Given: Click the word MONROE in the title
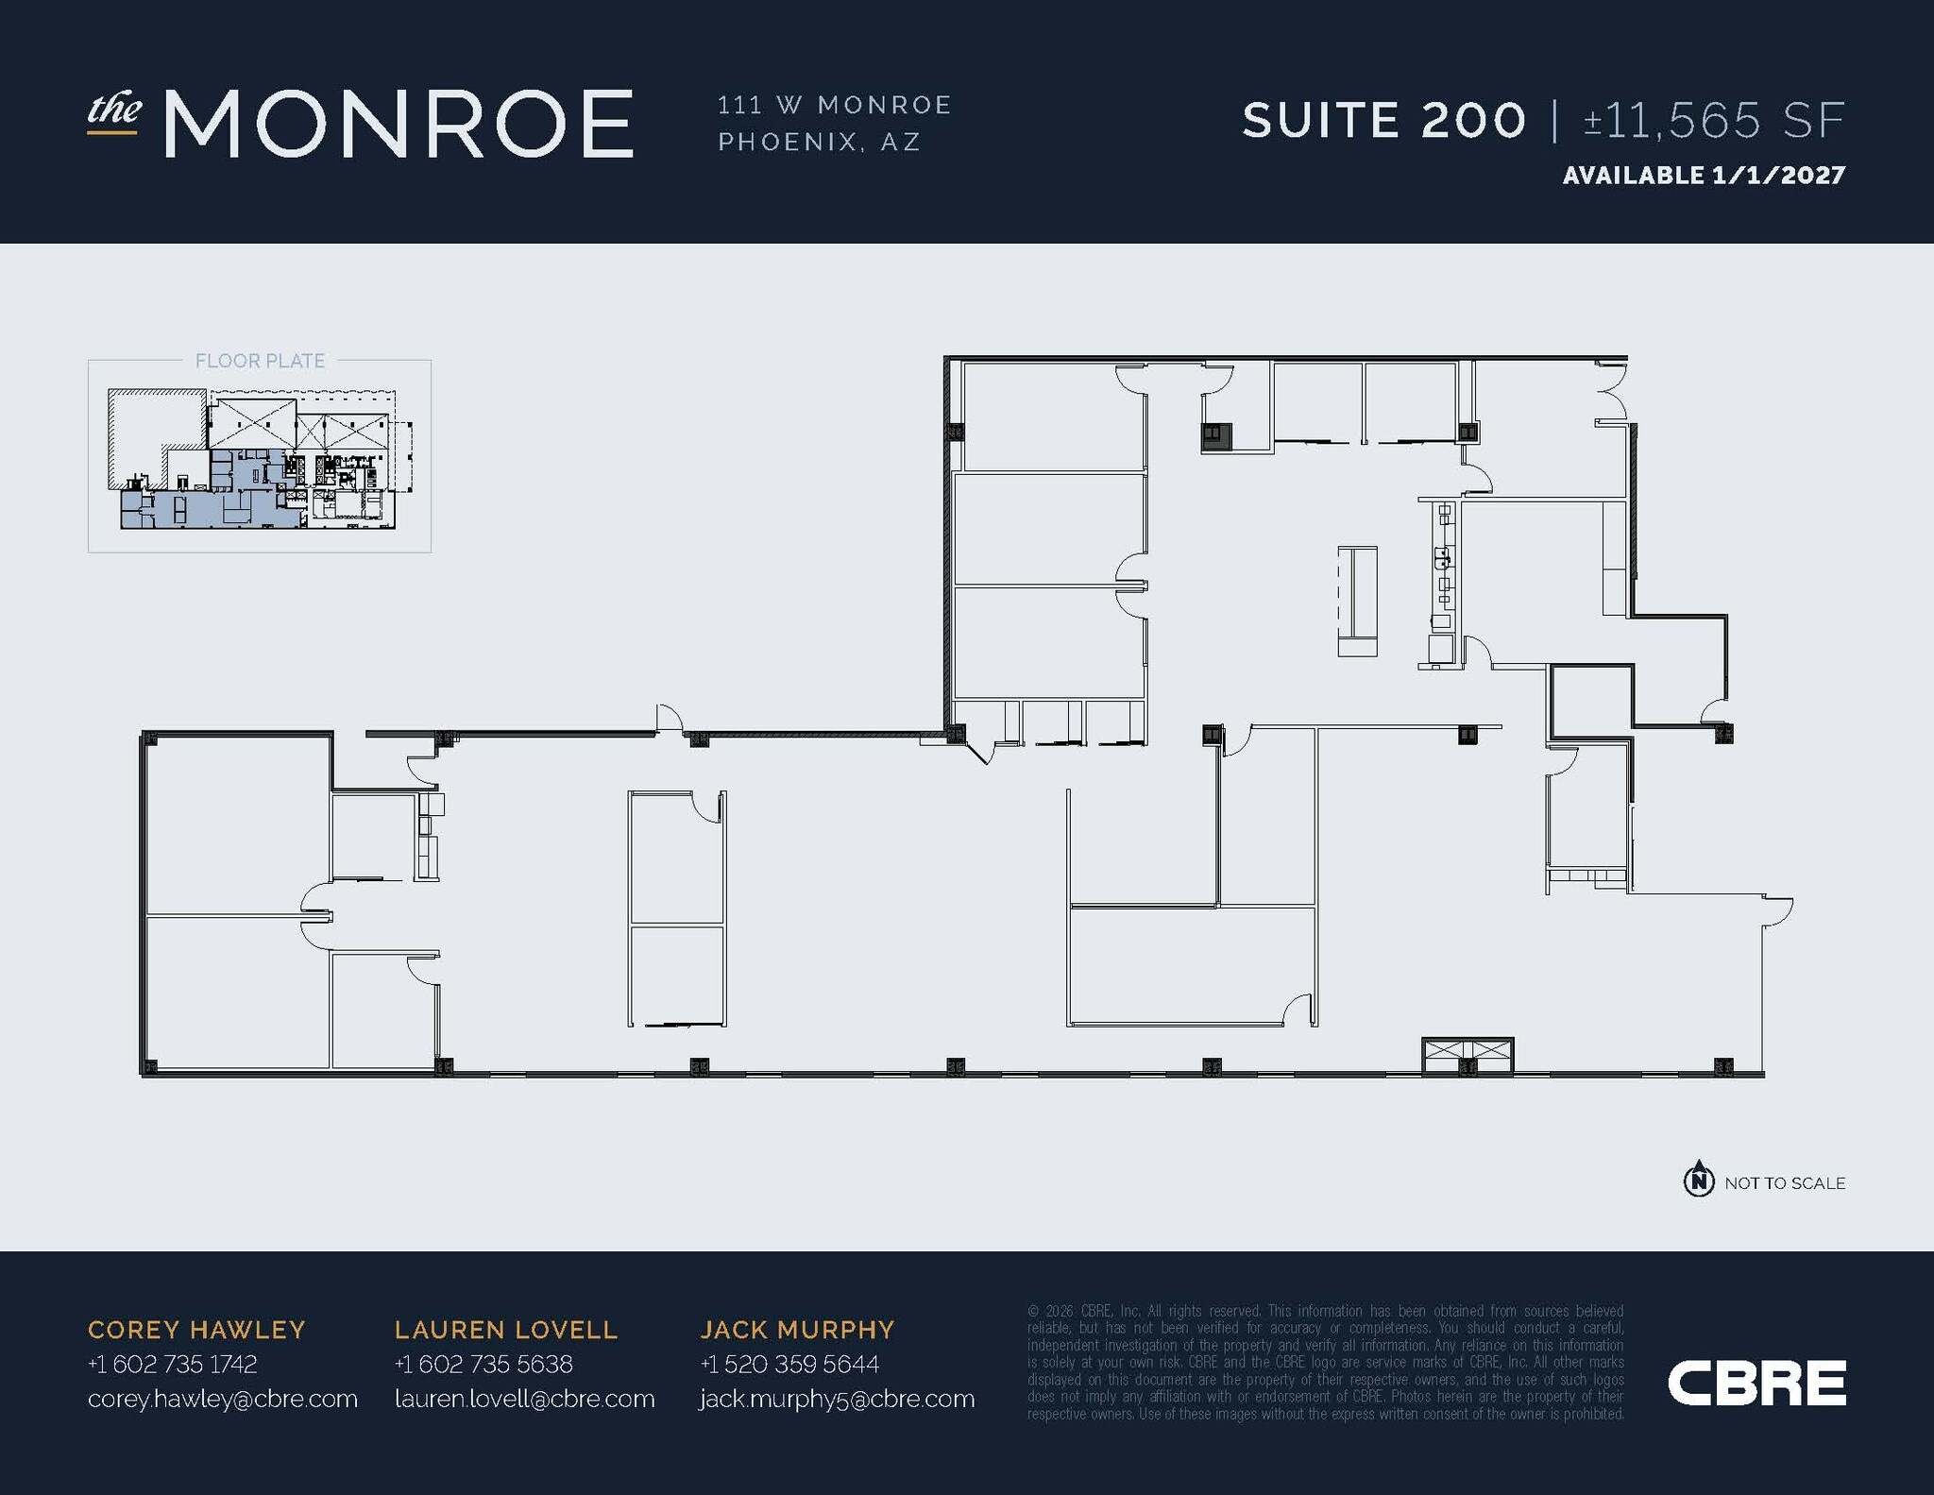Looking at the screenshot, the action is [398, 124].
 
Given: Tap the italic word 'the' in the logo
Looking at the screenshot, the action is [114, 110].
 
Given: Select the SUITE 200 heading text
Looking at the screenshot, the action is [1383, 121].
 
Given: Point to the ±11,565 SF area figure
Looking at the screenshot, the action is [1714, 121].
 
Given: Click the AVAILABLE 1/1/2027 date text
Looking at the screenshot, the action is [1704, 176].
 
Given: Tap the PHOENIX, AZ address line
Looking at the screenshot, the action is [819, 142].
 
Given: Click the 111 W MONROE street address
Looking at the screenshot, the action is [835, 105].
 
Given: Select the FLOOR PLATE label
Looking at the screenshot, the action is [260, 361].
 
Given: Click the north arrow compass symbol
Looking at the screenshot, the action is [1699, 1181].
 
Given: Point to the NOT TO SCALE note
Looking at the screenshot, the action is [1785, 1183].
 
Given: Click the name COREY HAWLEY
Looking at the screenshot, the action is [196, 1330].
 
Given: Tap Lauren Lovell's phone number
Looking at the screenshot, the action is [483, 1364].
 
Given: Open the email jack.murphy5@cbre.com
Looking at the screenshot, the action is [837, 1399].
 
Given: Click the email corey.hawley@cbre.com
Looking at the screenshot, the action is [223, 1399].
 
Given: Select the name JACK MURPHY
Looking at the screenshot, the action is [797, 1330].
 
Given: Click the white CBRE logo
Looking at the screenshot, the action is [1756, 1384].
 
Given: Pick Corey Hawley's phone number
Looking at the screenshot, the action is [172, 1364].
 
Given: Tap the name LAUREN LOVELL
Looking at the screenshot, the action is [506, 1330].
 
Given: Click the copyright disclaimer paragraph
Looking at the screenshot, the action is [1326, 1362].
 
